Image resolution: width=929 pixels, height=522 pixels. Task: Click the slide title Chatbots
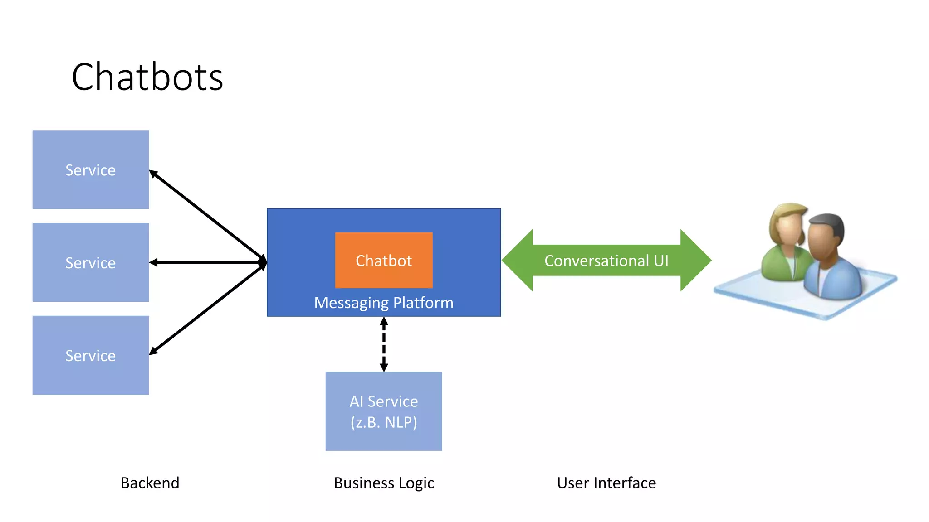pyautogui.click(x=147, y=77)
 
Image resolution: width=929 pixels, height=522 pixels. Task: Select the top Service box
pyautogui.click(x=91, y=170)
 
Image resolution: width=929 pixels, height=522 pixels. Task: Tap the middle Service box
pyautogui.click(x=91, y=262)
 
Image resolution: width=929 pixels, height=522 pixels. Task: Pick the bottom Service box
pyautogui.click(x=91, y=355)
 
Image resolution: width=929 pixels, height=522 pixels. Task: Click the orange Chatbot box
pyautogui.click(x=384, y=261)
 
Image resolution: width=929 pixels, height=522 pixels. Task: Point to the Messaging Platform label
pyautogui.click(x=384, y=303)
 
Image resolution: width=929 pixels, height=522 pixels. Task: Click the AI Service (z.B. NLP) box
pyautogui.click(x=384, y=411)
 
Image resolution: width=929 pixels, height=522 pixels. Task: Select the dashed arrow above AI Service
pyautogui.click(x=384, y=344)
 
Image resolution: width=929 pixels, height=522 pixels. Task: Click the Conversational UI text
pyautogui.click(x=606, y=261)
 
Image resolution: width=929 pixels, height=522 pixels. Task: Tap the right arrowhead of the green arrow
pyautogui.click(x=695, y=261)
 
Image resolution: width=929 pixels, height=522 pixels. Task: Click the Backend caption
pyautogui.click(x=150, y=483)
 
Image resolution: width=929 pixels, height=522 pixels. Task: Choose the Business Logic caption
pyautogui.click(x=384, y=483)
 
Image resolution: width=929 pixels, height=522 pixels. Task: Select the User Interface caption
pyautogui.click(x=606, y=483)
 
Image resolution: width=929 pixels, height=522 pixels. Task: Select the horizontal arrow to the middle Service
pyautogui.click(x=206, y=262)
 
